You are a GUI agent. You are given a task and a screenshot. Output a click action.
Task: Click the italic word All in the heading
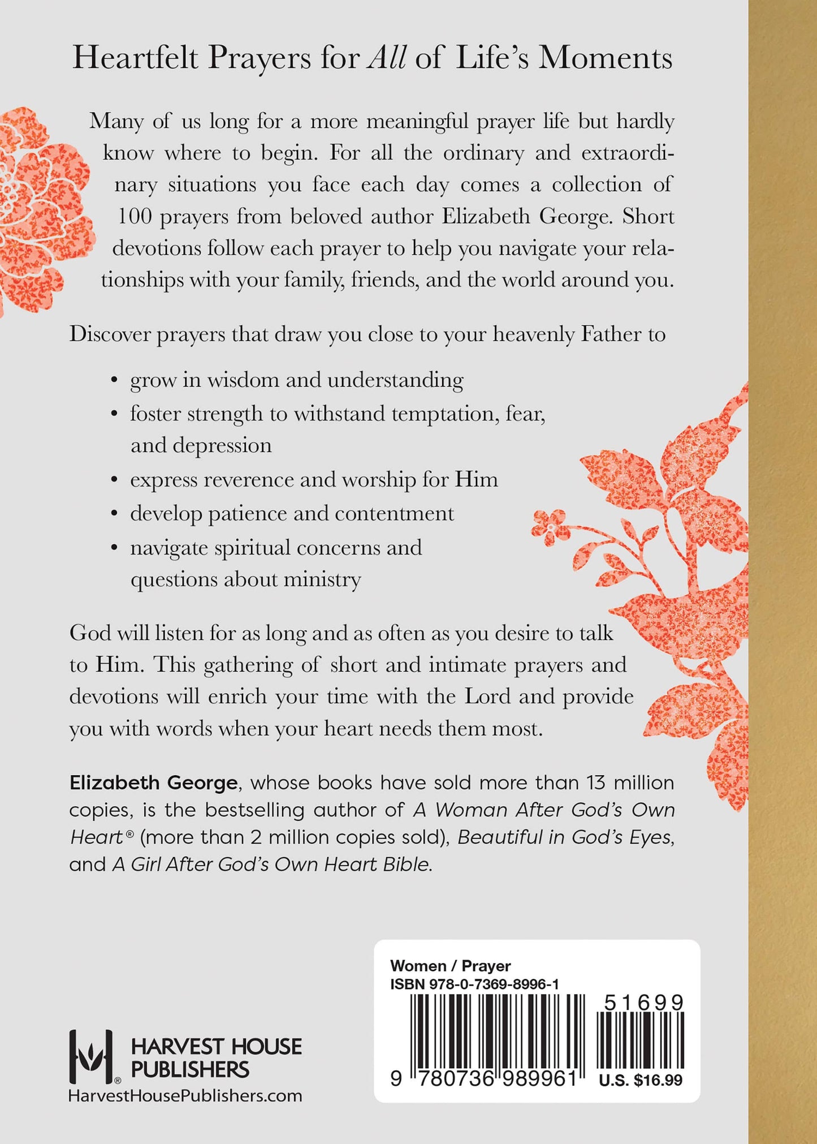click(x=387, y=58)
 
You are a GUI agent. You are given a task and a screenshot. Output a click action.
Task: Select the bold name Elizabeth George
click(x=153, y=783)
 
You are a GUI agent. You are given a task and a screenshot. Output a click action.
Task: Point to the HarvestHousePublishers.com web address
click(x=185, y=1096)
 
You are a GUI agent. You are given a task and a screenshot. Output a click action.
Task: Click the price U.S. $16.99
click(x=641, y=1080)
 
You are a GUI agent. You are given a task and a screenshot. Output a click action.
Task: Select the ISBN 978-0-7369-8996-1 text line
click(x=474, y=984)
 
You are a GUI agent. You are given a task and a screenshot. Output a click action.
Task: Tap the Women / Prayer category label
click(x=450, y=966)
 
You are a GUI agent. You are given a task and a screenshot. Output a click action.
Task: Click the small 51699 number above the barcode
click(x=643, y=1003)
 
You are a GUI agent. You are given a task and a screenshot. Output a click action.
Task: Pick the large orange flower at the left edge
click(x=42, y=204)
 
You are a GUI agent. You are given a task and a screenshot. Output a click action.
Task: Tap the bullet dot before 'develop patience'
click(x=115, y=514)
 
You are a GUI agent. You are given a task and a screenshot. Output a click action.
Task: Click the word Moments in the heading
click(x=605, y=58)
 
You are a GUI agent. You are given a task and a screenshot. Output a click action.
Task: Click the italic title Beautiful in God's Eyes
click(x=565, y=837)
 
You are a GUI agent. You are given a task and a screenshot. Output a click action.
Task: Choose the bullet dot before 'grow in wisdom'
click(x=115, y=380)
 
